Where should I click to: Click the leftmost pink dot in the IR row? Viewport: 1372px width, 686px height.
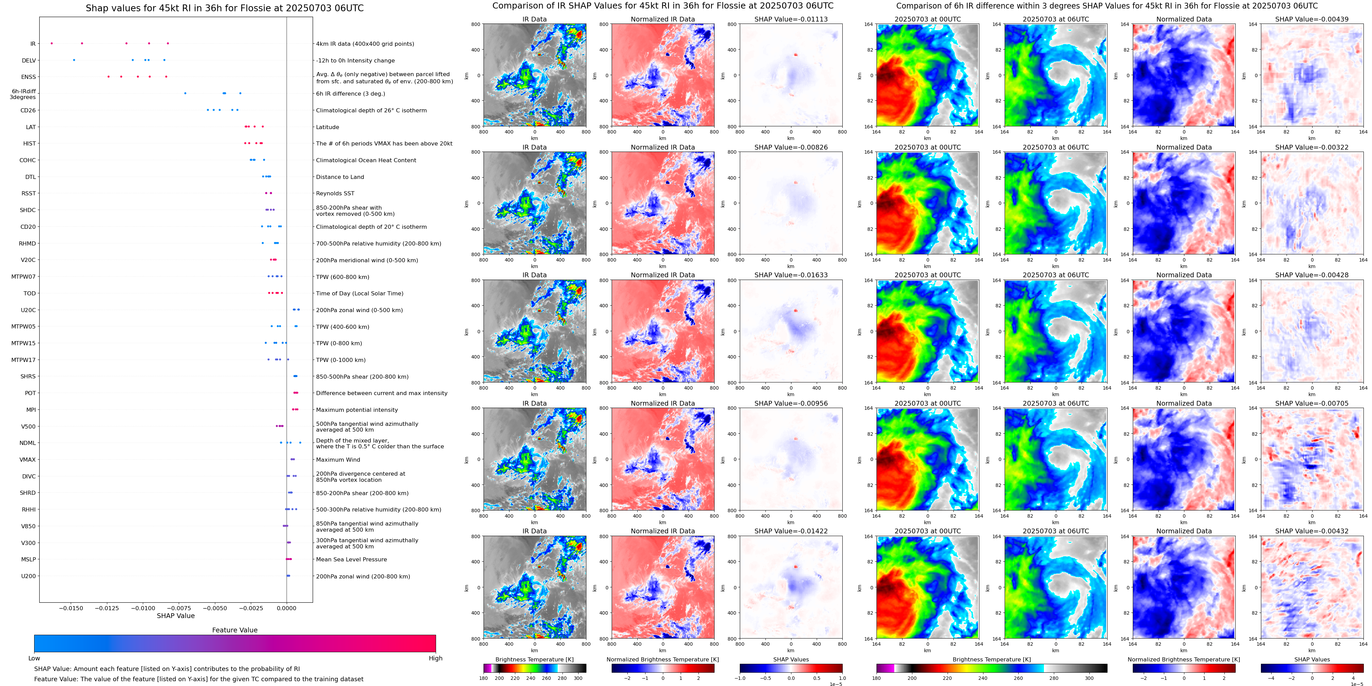(52, 43)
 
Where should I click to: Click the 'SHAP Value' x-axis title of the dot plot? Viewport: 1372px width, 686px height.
(176, 616)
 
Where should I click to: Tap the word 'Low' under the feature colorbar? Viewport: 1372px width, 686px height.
(34, 658)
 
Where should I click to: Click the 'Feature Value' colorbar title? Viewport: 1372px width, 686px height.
(234, 630)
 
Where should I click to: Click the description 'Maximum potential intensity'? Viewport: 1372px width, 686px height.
(357, 410)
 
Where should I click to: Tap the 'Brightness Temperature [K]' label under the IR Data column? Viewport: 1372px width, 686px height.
(534, 659)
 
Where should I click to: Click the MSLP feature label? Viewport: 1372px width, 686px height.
(28, 559)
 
